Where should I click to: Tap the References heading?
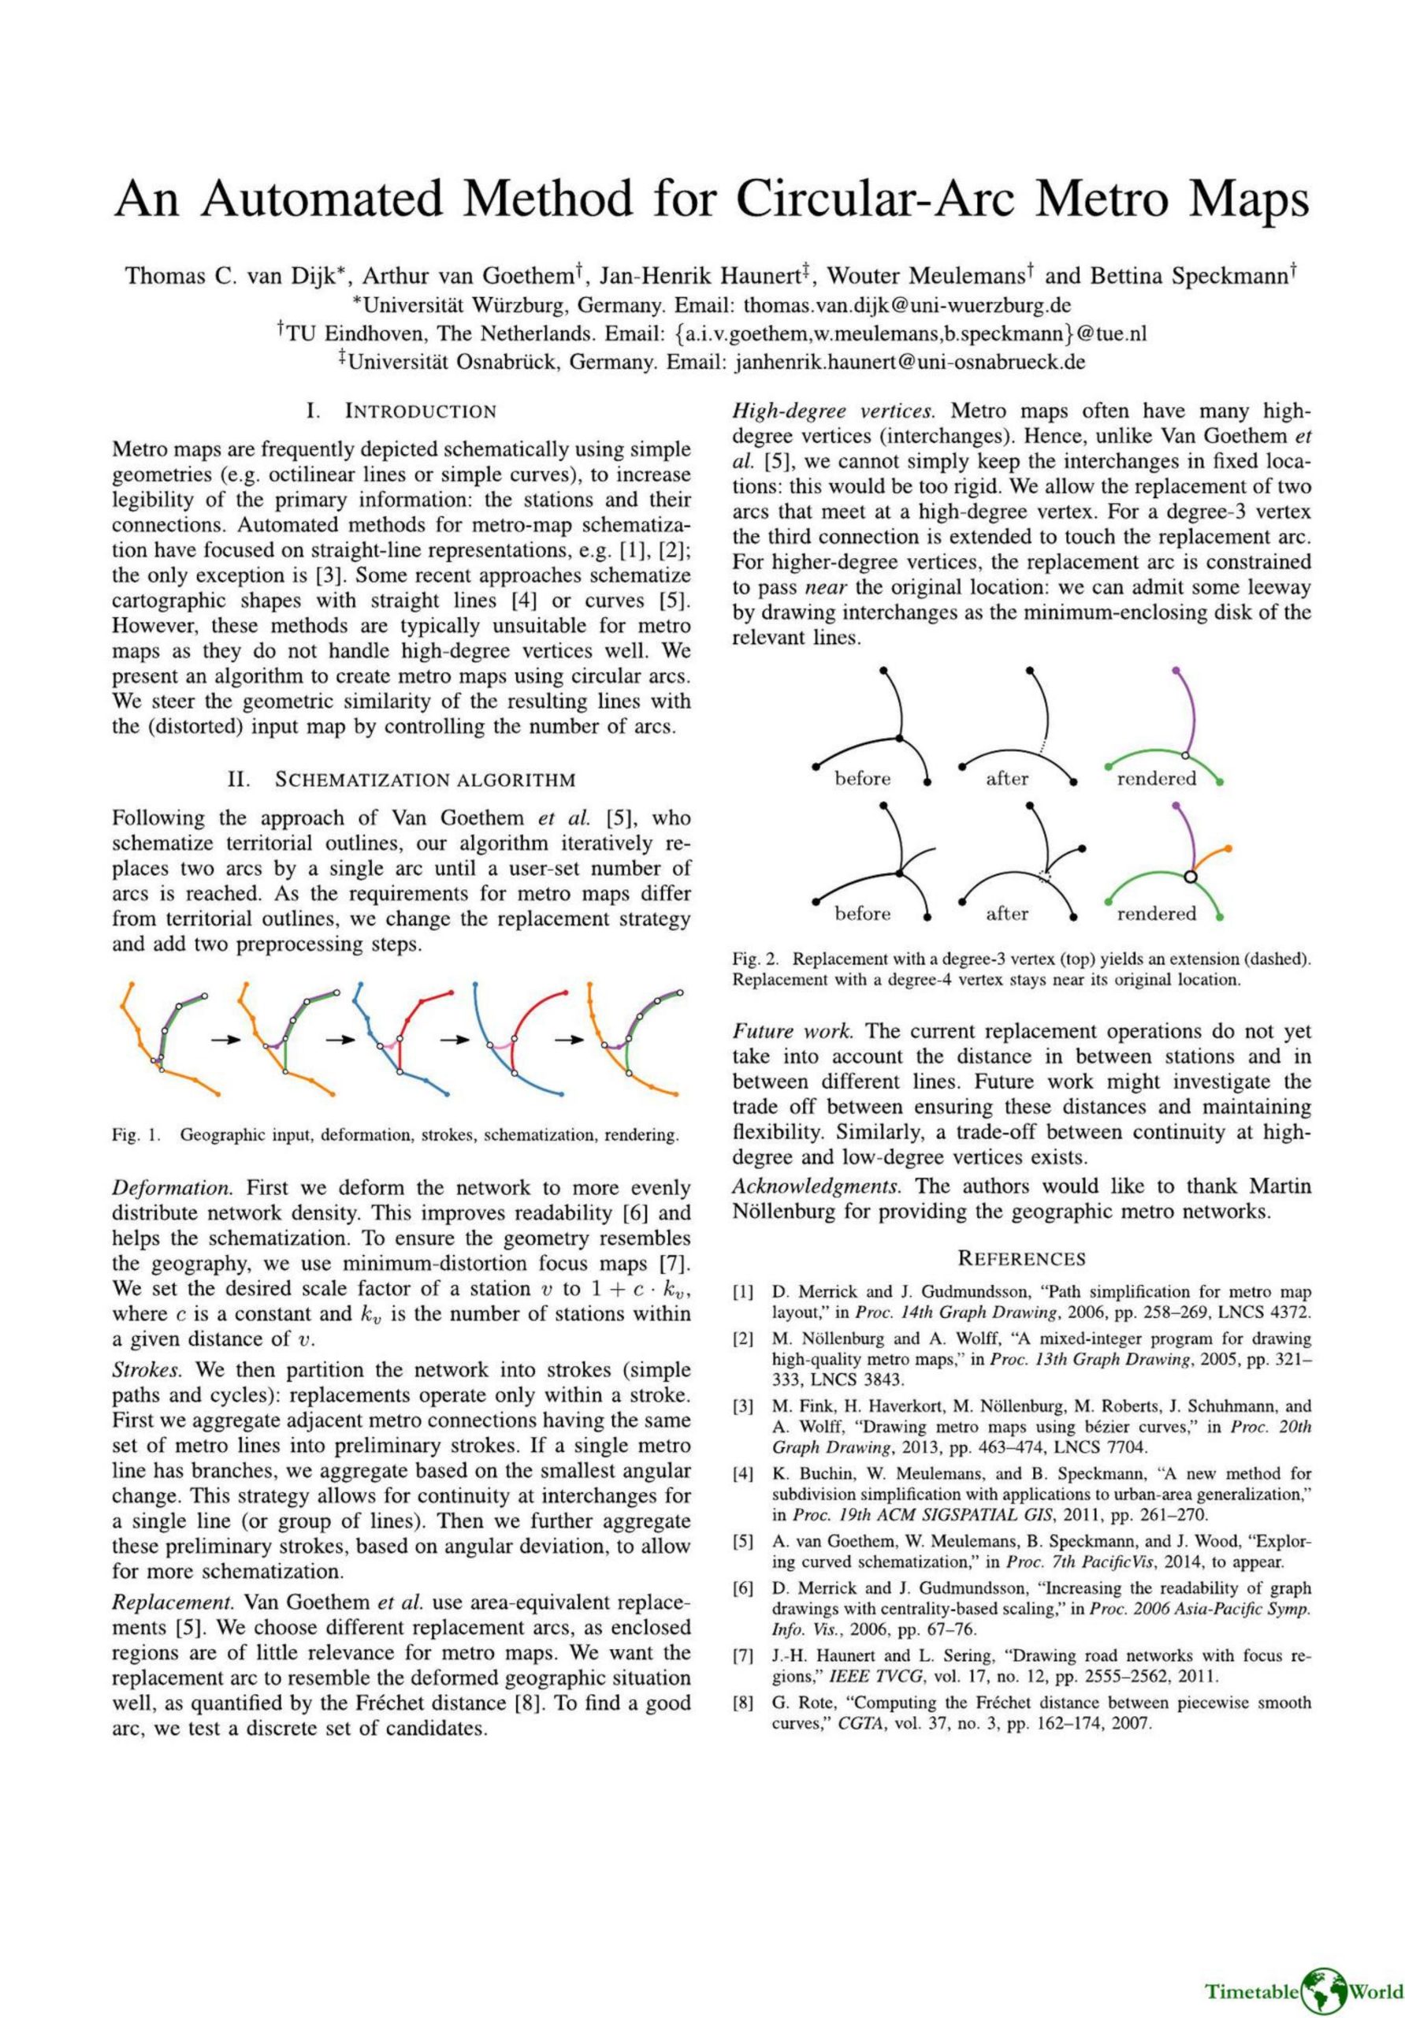pos(1020,1259)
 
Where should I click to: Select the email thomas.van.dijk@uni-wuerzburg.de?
pos(907,305)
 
